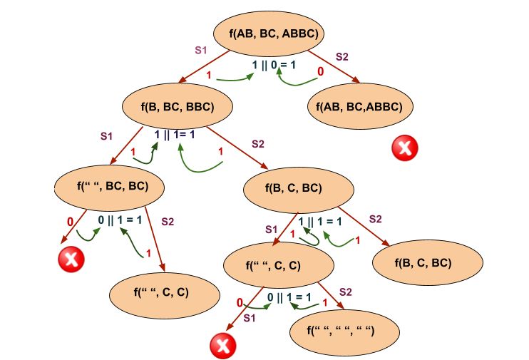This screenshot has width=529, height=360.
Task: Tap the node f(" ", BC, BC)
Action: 111,187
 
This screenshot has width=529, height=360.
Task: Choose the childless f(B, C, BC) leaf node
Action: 423,262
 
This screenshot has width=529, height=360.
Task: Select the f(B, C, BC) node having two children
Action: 299,189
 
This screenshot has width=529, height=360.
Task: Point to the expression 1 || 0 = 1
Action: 274,65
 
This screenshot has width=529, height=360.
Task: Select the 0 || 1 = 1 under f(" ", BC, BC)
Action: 119,220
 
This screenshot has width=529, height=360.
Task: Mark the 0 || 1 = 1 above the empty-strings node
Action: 290,296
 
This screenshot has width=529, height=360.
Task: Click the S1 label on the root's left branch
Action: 201,51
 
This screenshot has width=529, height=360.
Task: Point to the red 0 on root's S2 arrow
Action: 321,72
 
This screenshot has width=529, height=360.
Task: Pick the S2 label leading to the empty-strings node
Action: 346,292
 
